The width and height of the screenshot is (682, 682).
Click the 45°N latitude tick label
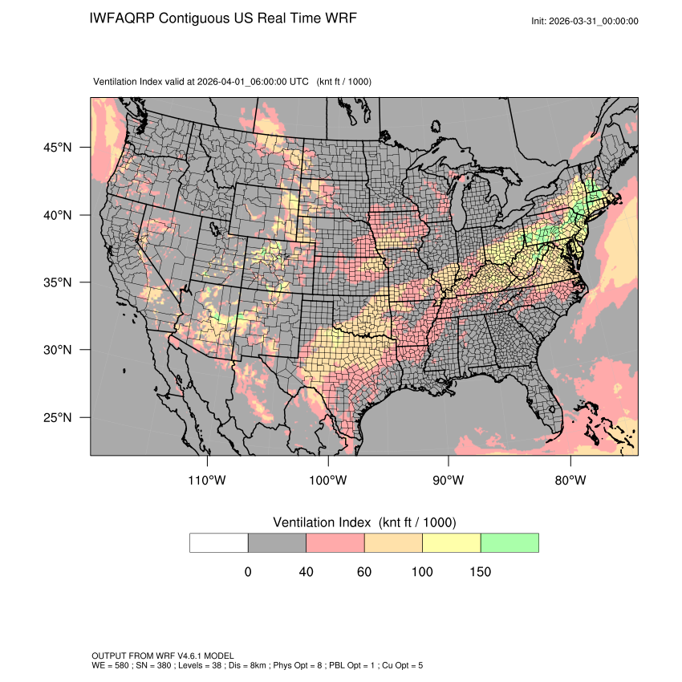pos(57,148)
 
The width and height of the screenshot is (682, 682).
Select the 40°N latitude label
pos(57,215)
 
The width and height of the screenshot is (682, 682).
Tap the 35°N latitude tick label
pos(57,282)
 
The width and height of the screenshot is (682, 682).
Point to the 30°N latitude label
pos(57,350)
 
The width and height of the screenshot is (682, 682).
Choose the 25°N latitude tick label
pos(57,417)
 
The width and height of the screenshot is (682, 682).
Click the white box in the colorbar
pos(219,542)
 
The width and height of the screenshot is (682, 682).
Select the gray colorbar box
pos(277,542)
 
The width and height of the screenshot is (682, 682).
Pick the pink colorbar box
pos(335,542)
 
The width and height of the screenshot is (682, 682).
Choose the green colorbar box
pos(509,542)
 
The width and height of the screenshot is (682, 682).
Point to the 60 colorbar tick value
pos(364,572)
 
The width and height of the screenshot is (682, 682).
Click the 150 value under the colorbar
pos(481,572)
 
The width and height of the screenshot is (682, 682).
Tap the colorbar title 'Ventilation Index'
pos(323,522)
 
